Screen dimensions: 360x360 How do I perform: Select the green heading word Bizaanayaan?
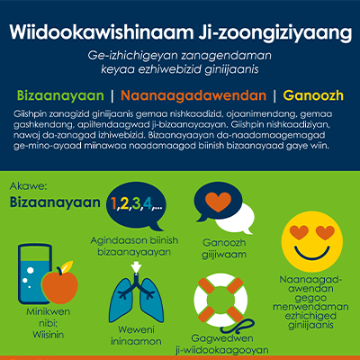click(x=58, y=94)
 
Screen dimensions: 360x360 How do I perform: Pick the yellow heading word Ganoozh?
click(x=310, y=94)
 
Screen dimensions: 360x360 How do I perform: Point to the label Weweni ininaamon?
click(x=136, y=336)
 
